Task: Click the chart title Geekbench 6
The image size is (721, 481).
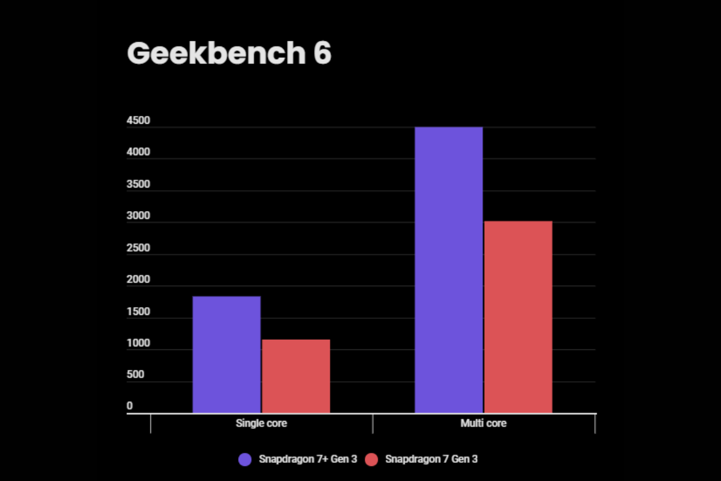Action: coord(229,54)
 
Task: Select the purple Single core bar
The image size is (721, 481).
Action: coord(227,355)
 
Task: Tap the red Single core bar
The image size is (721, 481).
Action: coord(296,376)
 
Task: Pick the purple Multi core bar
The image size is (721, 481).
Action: coord(449,270)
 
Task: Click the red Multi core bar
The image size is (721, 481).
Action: coord(518,317)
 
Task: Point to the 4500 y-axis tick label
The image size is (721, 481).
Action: coord(138,121)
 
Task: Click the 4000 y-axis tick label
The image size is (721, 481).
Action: coord(138,153)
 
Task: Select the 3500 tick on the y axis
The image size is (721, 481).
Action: coord(138,185)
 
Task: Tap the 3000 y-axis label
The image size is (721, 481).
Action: coord(138,216)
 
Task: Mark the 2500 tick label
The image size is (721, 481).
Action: coord(138,248)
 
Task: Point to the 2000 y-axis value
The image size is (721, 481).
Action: coord(138,280)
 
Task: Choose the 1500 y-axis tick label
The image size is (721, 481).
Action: coord(138,312)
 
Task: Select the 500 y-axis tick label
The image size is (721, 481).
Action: coord(135,375)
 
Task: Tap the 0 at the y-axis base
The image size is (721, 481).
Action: coord(129,406)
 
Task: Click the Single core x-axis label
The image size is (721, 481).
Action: coord(261,423)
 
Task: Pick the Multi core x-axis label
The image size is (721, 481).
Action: coord(484,423)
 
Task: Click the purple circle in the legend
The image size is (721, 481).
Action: coord(245,459)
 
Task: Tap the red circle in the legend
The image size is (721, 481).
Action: coord(372,459)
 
